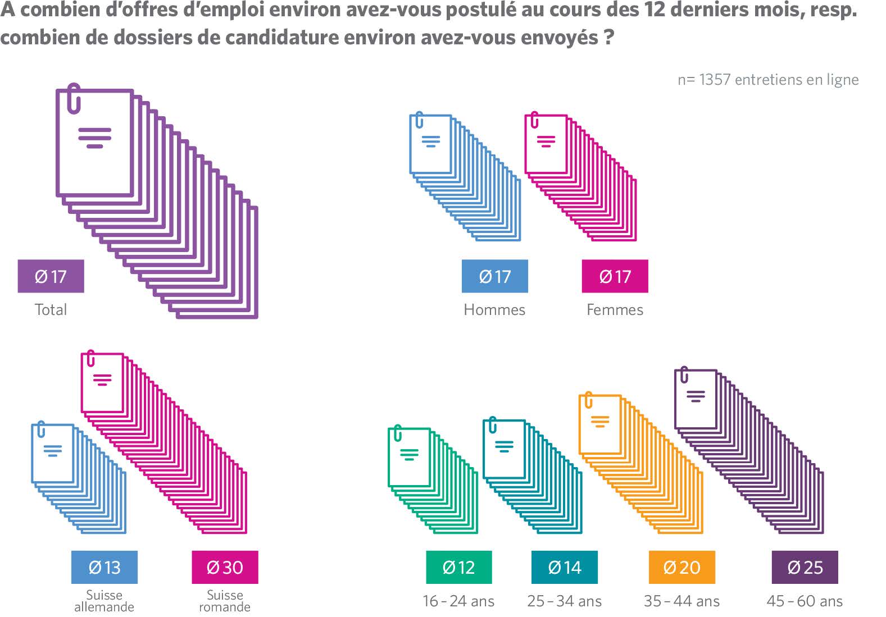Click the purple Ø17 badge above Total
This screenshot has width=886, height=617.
click(x=51, y=276)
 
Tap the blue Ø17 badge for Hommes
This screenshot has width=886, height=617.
click(x=494, y=276)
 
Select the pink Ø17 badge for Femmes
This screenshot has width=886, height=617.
click(x=615, y=276)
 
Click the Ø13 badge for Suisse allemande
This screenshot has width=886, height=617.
click(x=104, y=567)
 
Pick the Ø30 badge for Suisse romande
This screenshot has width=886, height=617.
click(x=225, y=567)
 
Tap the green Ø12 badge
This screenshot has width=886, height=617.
click(x=458, y=567)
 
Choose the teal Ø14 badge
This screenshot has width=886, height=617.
click(x=564, y=567)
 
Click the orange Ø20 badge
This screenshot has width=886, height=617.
click(x=681, y=567)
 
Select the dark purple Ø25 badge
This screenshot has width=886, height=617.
click(x=805, y=567)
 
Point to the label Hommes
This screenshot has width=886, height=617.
click(x=494, y=310)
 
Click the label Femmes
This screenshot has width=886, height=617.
click(x=615, y=310)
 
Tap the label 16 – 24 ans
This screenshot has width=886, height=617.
click(x=458, y=601)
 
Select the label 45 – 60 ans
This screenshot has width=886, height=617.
click(x=805, y=601)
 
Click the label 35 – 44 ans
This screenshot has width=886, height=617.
click(x=681, y=601)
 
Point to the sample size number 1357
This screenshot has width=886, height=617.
click(x=715, y=80)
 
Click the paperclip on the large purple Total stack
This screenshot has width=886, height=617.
click(x=74, y=98)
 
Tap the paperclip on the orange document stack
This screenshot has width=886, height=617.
click(x=588, y=400)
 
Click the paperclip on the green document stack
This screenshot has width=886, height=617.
click(x=398, y=433)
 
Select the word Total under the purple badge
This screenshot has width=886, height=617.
click(x=51, y=310)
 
